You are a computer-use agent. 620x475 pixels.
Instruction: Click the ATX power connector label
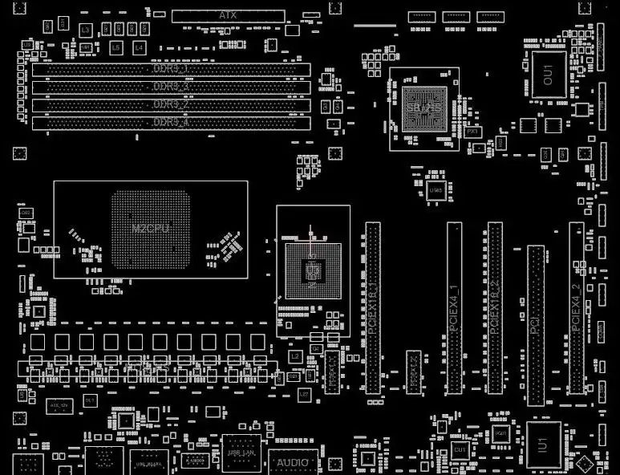[228, 15]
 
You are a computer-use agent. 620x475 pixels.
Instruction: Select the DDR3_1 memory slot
[171, 70]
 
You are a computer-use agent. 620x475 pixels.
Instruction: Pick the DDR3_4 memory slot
[171, 123]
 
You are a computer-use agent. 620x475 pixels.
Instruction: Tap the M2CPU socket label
[150, 229]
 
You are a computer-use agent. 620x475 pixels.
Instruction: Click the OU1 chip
[548, 75]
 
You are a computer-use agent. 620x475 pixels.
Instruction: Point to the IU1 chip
[543, 444]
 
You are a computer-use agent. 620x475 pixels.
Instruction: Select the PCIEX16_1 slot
[373, 308]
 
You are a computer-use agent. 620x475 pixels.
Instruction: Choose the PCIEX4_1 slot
[454, 308]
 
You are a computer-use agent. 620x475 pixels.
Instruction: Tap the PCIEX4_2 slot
[576, 308]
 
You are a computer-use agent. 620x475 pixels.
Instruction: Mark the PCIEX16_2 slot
[495, 308]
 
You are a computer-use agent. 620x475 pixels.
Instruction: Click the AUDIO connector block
[293, 463]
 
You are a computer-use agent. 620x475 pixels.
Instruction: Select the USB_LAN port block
[241, 453]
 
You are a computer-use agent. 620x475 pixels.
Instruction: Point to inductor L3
[86, 30]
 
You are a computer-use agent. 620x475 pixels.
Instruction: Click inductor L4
[139, 48]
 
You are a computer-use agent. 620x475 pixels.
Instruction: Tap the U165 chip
[436, 190]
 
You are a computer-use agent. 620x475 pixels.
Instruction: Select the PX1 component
[472, 131]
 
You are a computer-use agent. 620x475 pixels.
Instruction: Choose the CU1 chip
[460, 451]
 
